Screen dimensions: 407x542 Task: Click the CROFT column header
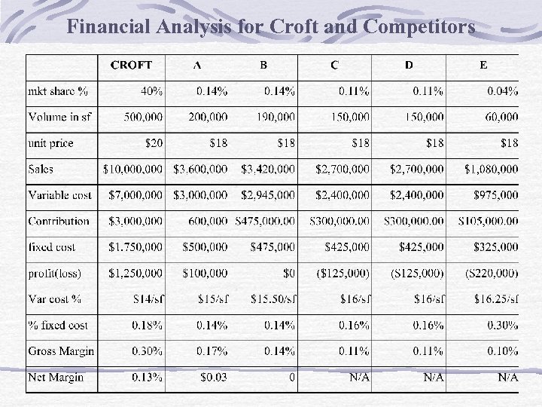point(132,65)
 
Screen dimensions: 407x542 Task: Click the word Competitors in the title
point(419,28)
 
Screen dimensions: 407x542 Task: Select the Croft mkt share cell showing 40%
point(151,91)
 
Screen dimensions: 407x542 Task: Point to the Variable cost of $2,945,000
point(268,195)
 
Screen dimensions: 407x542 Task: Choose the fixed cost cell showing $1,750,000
point(135,247)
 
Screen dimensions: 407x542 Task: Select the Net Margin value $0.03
point(212,377)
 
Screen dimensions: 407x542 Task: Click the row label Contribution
point(59,221)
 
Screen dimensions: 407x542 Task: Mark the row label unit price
point(51,143)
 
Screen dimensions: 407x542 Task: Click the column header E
point(483,65)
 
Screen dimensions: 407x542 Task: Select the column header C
point(334,65)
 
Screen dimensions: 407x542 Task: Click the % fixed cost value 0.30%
point(501,326)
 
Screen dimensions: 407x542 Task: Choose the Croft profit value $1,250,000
point(135,273)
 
